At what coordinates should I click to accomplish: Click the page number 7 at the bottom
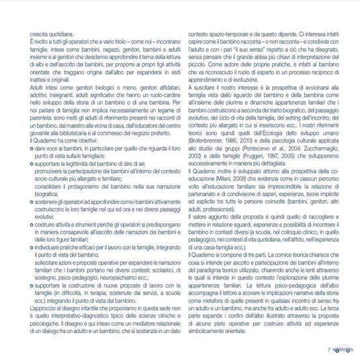329,331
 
